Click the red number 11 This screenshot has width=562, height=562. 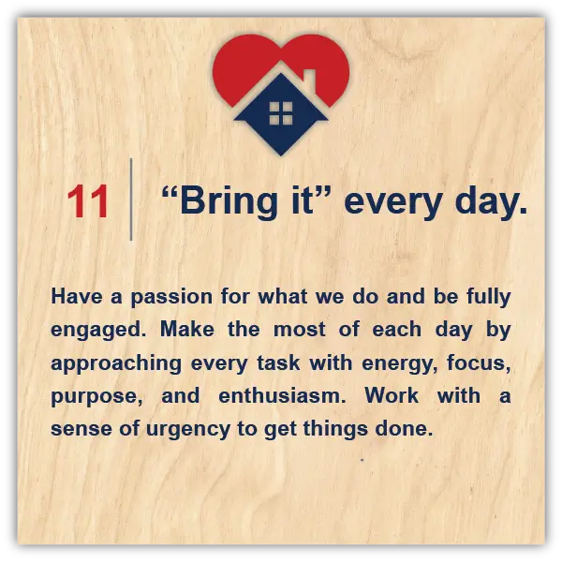pos(87,201)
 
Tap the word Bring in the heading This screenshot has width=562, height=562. pos(229,201)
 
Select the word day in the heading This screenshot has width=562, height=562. pos(487,201)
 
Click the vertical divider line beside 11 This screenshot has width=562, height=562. pos(131,200)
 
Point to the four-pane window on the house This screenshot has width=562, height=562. pos(281,113)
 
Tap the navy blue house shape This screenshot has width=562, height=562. pos(281,114)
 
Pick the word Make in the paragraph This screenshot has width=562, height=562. pos(187,329)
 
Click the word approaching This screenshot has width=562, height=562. pos(116,363)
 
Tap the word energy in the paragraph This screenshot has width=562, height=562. pos(400,364)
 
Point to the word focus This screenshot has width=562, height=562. pos(479,362)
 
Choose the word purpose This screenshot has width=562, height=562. pos(96,397)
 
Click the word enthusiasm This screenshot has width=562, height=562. pos(282,395)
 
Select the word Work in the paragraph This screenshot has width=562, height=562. pos(392,395)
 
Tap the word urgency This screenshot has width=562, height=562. pos(188,430)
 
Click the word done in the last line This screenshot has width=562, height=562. pos(404,428)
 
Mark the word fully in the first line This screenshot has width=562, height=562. pos(489,297)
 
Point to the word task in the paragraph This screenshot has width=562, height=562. pos(278,362)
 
